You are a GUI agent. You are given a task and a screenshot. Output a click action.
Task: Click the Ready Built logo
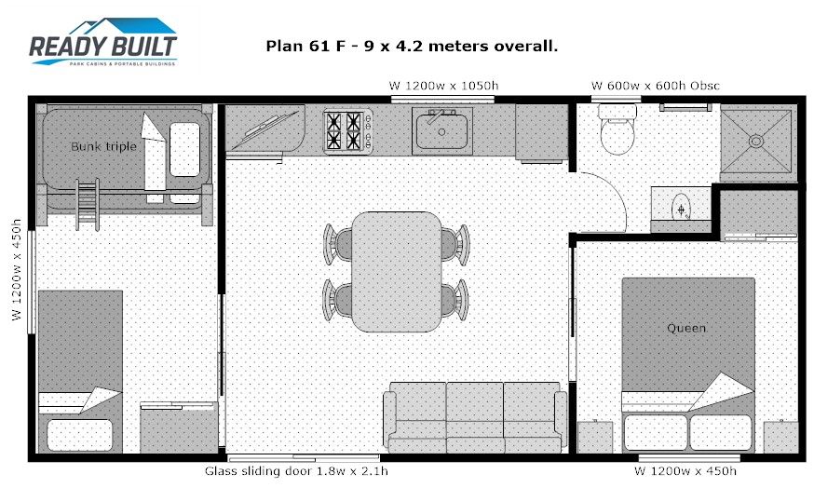pyautogui.click(x=102, y=42)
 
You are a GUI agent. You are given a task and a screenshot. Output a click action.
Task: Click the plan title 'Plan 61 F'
pyautogui.click(x=305, y=47)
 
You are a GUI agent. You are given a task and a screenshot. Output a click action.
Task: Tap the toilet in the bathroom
pyautogui.click(x=617, y=129)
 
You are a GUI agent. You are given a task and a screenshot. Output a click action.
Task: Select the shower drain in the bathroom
pyautogui.click(x=756, y=141)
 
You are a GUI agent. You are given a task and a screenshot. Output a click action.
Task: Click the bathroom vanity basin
pyautogui.click(x=681, y=210)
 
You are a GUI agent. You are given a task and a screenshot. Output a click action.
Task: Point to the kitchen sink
pyautogui.click(x=441, y=130)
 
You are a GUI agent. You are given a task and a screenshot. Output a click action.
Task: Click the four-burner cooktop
pyautogui.click(x=347, y=130)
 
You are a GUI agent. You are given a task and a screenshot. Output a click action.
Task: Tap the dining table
pyautogui.click(x=397, y=272)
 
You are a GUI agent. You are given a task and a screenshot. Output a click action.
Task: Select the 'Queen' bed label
pyautogui.click(x=686, y=328)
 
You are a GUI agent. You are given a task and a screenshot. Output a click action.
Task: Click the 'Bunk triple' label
pyautogui.click(x=103, y=146)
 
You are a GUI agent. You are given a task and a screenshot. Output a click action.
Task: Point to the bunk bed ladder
pyautogui.click(x=88, y=205)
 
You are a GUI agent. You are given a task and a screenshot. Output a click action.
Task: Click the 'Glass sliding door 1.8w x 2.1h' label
pyautogui.click(x=296, y=471)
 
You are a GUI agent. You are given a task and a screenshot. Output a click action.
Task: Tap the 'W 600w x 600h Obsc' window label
pyautogui.click(x=655, y=86)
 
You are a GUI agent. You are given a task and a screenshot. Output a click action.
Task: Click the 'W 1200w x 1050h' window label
pyautogui.click(x=444, y=86)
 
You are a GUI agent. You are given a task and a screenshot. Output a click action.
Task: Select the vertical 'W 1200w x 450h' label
pyautogui.click(x=17, y=269)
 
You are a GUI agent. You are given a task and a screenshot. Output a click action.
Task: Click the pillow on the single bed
pyautogui.click(x=80, y=435)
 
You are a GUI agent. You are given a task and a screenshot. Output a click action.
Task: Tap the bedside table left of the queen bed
pyautogui.click(x=595, y=437)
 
